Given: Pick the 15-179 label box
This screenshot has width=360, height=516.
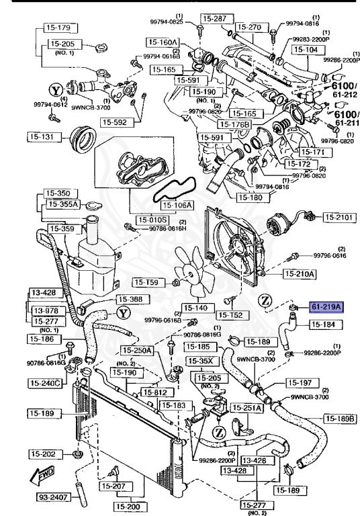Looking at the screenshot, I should (x=58, y=28).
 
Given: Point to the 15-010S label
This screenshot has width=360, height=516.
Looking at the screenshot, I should (x=154, y=220).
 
